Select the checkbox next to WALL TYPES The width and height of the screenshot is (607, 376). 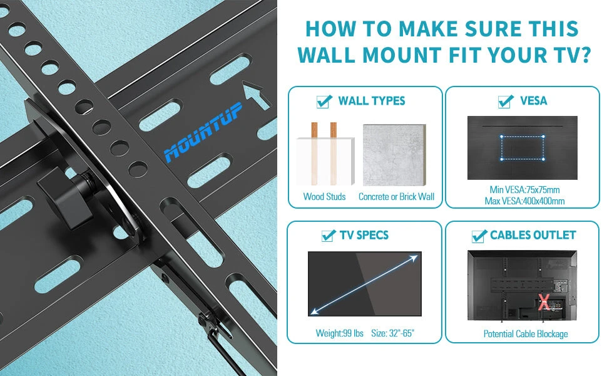coord(324,102)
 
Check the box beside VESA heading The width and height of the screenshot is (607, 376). coord(506,102)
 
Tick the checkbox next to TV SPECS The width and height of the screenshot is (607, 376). coord(327,236)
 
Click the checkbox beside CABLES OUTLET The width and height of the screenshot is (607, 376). coord(479,236)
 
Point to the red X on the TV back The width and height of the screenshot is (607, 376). coord(544,303)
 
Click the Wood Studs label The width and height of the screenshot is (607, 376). coord(324,197)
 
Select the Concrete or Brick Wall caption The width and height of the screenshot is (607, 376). coord(396,197)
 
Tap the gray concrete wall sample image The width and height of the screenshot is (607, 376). coord(395,155)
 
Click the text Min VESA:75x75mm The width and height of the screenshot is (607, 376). coord(524,190)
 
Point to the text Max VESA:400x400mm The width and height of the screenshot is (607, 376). coord(524,201)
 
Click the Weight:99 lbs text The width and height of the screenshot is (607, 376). coord(339,333)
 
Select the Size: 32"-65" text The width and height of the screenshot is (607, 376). coord(393,333)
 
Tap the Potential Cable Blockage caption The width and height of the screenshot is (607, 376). coord(525,333)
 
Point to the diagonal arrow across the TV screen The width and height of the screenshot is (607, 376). coord(365,283)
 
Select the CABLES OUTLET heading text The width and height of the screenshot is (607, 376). coord(533,236)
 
